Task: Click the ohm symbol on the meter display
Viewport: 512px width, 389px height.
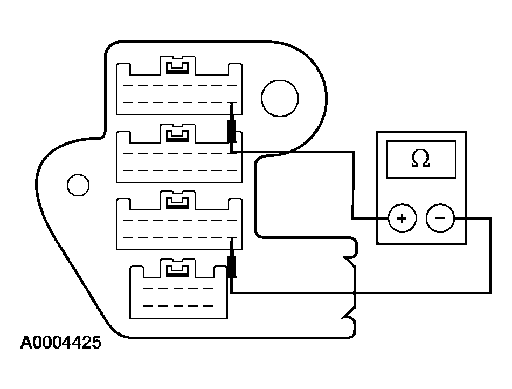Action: [420, 159]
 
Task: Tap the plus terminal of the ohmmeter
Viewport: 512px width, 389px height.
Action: [401, 219]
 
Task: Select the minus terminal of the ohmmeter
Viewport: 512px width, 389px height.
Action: [440, 219]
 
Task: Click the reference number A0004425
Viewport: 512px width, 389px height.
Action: [60, 343]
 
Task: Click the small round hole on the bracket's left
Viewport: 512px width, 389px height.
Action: [78, 185]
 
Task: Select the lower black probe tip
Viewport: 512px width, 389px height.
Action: [232, 267]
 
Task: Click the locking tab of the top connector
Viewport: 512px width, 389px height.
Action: [178, 66]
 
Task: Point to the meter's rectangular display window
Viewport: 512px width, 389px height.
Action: [420, 159]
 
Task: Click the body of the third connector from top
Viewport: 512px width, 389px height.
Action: [178, 229]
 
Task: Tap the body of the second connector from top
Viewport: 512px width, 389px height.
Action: [178, 162]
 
